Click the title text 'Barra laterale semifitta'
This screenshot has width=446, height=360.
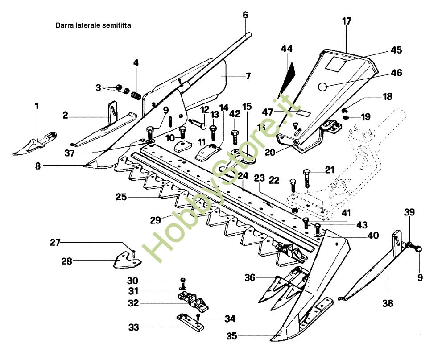tap(93, 25)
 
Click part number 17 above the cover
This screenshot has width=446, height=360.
tap(347, 21)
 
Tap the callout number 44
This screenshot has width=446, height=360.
tap(287, 48)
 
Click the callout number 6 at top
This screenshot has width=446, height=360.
tap(245, 15)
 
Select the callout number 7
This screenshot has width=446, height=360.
tap(248, 75)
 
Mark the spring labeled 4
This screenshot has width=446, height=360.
tap(136, 94)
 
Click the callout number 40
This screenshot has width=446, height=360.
tap(373, 235)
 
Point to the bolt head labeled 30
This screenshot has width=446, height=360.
tap(182, 281)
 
